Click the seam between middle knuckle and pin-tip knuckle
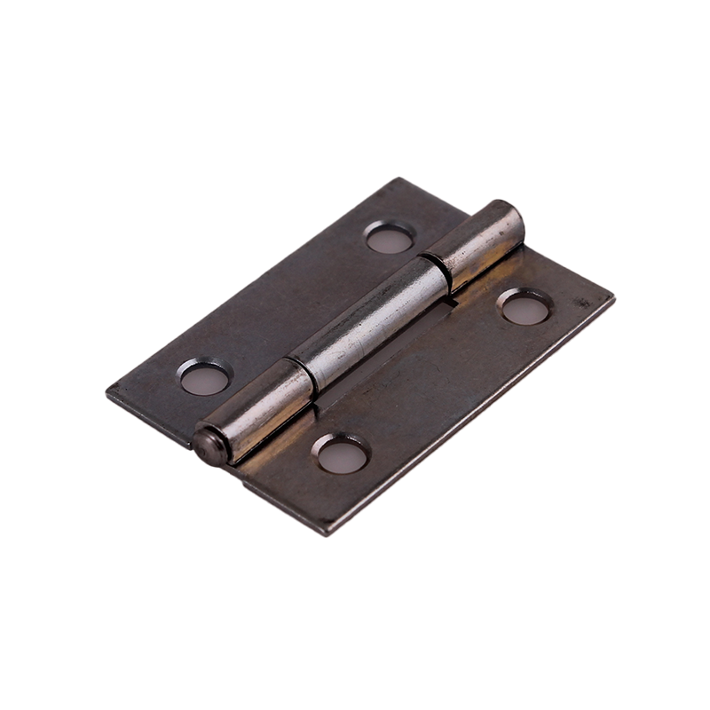click(x=302, y=377)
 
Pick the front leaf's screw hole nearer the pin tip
click(x=342, y=455)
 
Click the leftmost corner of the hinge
click(x=108, y=390)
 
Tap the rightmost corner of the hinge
click(x=612, y=298)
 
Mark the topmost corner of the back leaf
click(x=398, y=179)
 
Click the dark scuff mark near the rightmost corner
click(x=583, y=302)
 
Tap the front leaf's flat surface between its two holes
click(x=435, y=382)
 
